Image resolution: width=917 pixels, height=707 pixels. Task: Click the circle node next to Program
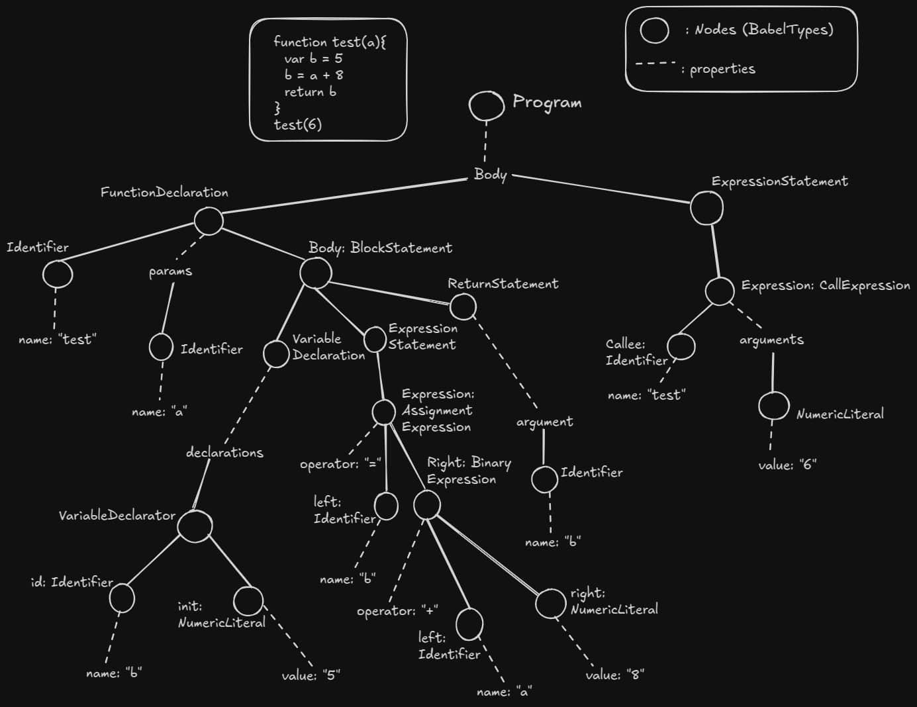pyautogui.click(x=487, y=106)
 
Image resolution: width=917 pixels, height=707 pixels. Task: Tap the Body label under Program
pyautogui.click(x=490, y=175)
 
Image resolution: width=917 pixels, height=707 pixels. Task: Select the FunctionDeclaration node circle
pyautogui.click(x=209, y=220)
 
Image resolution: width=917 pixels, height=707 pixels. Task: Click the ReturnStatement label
pyautogui.click(x=503, y=284)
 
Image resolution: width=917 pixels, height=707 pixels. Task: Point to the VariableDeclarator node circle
pyautogui.click(x=195, y=526)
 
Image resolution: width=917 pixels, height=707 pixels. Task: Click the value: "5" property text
pyautogui.click(x=311, y=676)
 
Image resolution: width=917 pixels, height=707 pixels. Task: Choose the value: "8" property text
pyautogui.click(x=614, y=675)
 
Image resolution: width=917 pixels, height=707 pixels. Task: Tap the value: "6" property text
pyautogui.click(x=787, y=465)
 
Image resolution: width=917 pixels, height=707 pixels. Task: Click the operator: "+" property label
pyautogui.click(x=397, y=610)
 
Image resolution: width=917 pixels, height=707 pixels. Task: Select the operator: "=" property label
pyautogui.click(x=340, y=463)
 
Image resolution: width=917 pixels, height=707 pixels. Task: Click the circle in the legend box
pyautogui.click(x=654, y=30)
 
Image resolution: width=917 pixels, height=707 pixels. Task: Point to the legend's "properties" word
pyautogui.click(x=722, y=69)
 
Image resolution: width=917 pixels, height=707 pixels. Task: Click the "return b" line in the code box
pyautogui.click(x=310, y=92)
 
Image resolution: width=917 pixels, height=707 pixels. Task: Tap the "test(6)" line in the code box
pyautogui.click(x=298, y=124)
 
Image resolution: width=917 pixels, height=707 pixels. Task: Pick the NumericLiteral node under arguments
pyautogui.click(x=773, y=406)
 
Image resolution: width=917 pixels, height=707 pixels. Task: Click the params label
pyautogui.click(x=170, y=271)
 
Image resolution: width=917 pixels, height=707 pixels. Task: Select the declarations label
pyautogui.click(x=224, y=453)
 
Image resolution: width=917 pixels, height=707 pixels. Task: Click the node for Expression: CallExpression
pyautogui.click(x=720, y=291)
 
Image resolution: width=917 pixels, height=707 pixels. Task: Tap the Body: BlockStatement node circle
pyautogui.click(x=315, y=273)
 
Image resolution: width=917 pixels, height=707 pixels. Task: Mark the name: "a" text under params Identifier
pyautogui.click(x=159, y=412)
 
